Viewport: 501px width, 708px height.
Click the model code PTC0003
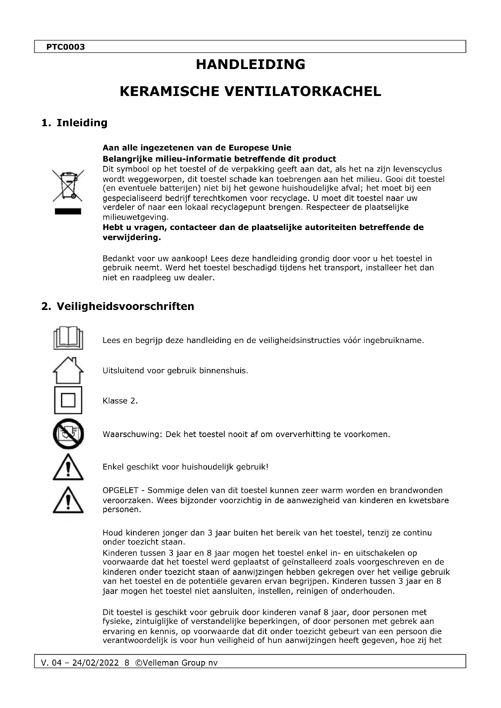[x=65, y=47]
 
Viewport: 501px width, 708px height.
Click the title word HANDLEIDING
[x=250, y=64]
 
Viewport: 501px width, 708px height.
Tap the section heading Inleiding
[x=82, y=123]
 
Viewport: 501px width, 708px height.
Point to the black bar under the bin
[x=68, y=211]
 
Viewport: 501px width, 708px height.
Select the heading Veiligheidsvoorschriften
[x=125, y=306]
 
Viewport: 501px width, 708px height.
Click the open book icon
[x=68, y=338]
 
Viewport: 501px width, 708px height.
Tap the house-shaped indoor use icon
[x=68, y=370]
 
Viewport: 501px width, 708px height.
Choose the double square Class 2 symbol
[x=68, y=400]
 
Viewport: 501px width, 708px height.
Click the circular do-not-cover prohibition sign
[x=68, y=434]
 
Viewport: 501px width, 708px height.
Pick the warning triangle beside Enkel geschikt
[x=68, y=467]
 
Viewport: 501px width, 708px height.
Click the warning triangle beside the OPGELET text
[x=68, y=500]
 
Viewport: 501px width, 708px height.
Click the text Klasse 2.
[x=120, y=401]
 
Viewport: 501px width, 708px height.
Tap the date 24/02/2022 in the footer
[x=95, y=663]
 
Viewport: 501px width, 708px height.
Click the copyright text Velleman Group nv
[x=176, y=663]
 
